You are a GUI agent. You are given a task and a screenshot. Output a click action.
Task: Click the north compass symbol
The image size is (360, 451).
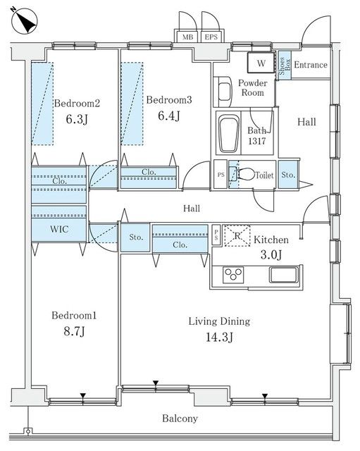coord(24,20)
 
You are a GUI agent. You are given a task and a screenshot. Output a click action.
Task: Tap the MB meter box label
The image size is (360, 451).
coord(188,37)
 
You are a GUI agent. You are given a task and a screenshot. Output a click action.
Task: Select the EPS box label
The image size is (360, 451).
coord(211,37)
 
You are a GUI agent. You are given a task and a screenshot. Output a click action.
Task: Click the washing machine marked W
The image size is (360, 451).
coord(261,63)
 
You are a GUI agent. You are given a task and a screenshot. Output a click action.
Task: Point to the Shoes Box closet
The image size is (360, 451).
coord(285,66)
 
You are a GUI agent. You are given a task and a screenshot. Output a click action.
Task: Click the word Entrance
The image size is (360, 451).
coord(311,65)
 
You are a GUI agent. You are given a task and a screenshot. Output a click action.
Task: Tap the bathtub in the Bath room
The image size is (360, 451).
coord(229,134)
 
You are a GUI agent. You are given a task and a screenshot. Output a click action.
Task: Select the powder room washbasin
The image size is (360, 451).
coord(224,92)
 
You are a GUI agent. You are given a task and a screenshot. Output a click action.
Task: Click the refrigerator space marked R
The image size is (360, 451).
coord(237,236)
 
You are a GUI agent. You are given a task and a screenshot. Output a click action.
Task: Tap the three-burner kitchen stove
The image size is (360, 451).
coord(233,275)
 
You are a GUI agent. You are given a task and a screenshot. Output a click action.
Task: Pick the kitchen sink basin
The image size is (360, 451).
coord(283,275)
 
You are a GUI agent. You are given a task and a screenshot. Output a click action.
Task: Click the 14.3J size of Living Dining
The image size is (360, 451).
coord(219,337)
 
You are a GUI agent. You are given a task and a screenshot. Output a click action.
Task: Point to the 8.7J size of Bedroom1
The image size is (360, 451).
coord(74,331)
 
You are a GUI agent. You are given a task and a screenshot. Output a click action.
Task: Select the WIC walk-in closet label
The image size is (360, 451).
coord(59,229)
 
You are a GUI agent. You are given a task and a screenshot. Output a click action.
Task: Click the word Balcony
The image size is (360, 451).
coord(180,419)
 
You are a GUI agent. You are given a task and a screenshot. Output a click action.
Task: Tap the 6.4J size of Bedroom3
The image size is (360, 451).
coord(169,116)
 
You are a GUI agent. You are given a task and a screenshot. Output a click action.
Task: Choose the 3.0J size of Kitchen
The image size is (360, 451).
coord(271,254)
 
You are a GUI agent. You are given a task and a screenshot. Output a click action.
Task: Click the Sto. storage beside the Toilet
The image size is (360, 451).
coord(288,175)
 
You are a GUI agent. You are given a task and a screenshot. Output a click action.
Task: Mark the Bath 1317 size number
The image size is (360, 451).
coord(257,141)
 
